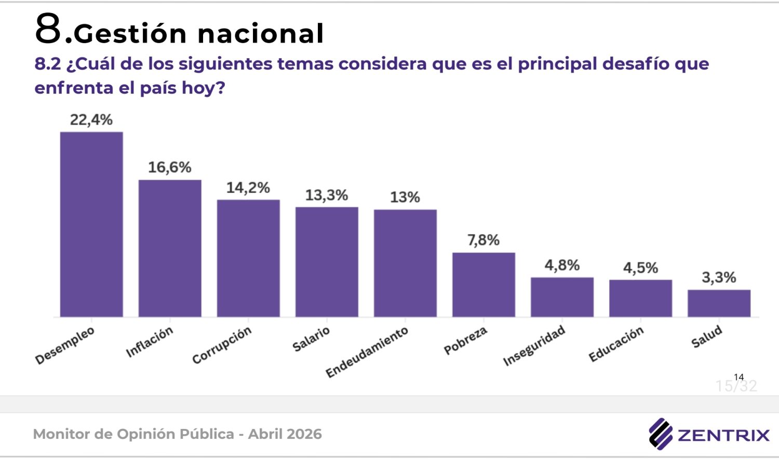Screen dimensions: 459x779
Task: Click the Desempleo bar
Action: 91,224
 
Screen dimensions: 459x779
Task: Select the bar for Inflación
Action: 170,248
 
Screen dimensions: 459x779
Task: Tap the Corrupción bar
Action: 248,258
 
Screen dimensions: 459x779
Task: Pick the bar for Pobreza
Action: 483,284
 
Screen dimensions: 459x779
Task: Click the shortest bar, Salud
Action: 719,303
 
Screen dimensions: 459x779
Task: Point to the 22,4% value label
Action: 91,120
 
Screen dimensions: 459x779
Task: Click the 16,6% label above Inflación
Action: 170,168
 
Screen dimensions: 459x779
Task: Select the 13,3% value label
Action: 326,196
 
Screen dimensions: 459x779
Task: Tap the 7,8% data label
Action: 483,240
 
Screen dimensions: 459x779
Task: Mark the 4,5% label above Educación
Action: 640,268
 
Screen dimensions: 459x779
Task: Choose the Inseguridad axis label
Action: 534,346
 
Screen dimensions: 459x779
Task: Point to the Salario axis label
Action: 311,339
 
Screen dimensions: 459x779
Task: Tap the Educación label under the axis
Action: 616,344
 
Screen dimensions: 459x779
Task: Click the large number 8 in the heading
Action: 48,29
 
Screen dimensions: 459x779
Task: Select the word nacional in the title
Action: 261,34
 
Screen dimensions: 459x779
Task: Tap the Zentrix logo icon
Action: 660,434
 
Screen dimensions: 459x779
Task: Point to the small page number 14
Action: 738,377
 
